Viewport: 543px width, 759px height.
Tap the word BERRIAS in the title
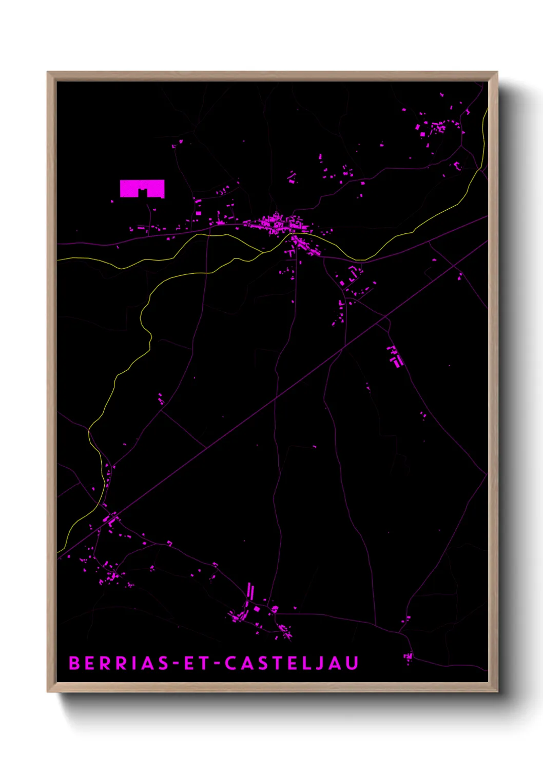pos(119,663)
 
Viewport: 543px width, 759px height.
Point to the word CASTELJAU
pos(292,663)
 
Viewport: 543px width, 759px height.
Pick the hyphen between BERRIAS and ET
pos(176,664)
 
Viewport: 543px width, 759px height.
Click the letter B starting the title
pos(74,663)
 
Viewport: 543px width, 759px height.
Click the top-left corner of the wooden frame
pos(48,72)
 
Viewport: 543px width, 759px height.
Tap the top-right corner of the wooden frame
pos(497,72)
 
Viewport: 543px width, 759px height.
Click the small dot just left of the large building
pos(112,202)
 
